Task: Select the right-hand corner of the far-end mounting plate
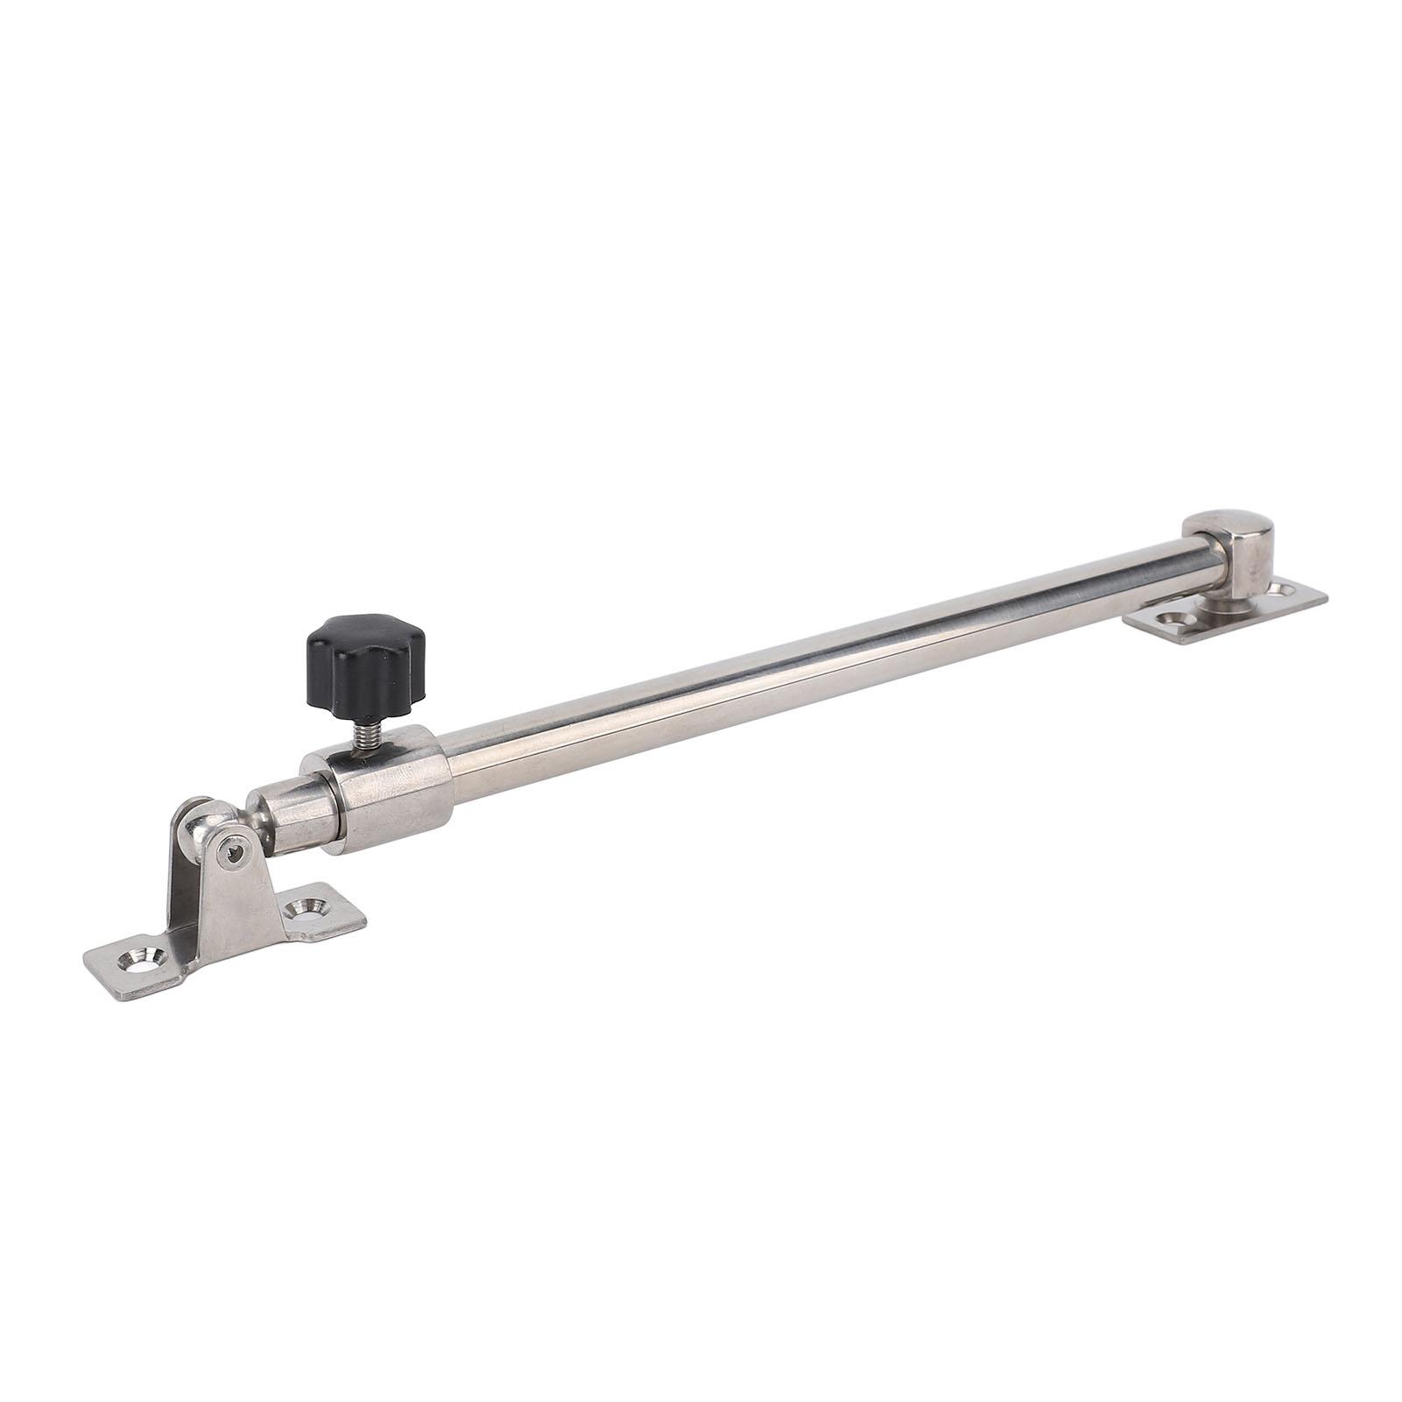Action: click(1325, 599)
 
